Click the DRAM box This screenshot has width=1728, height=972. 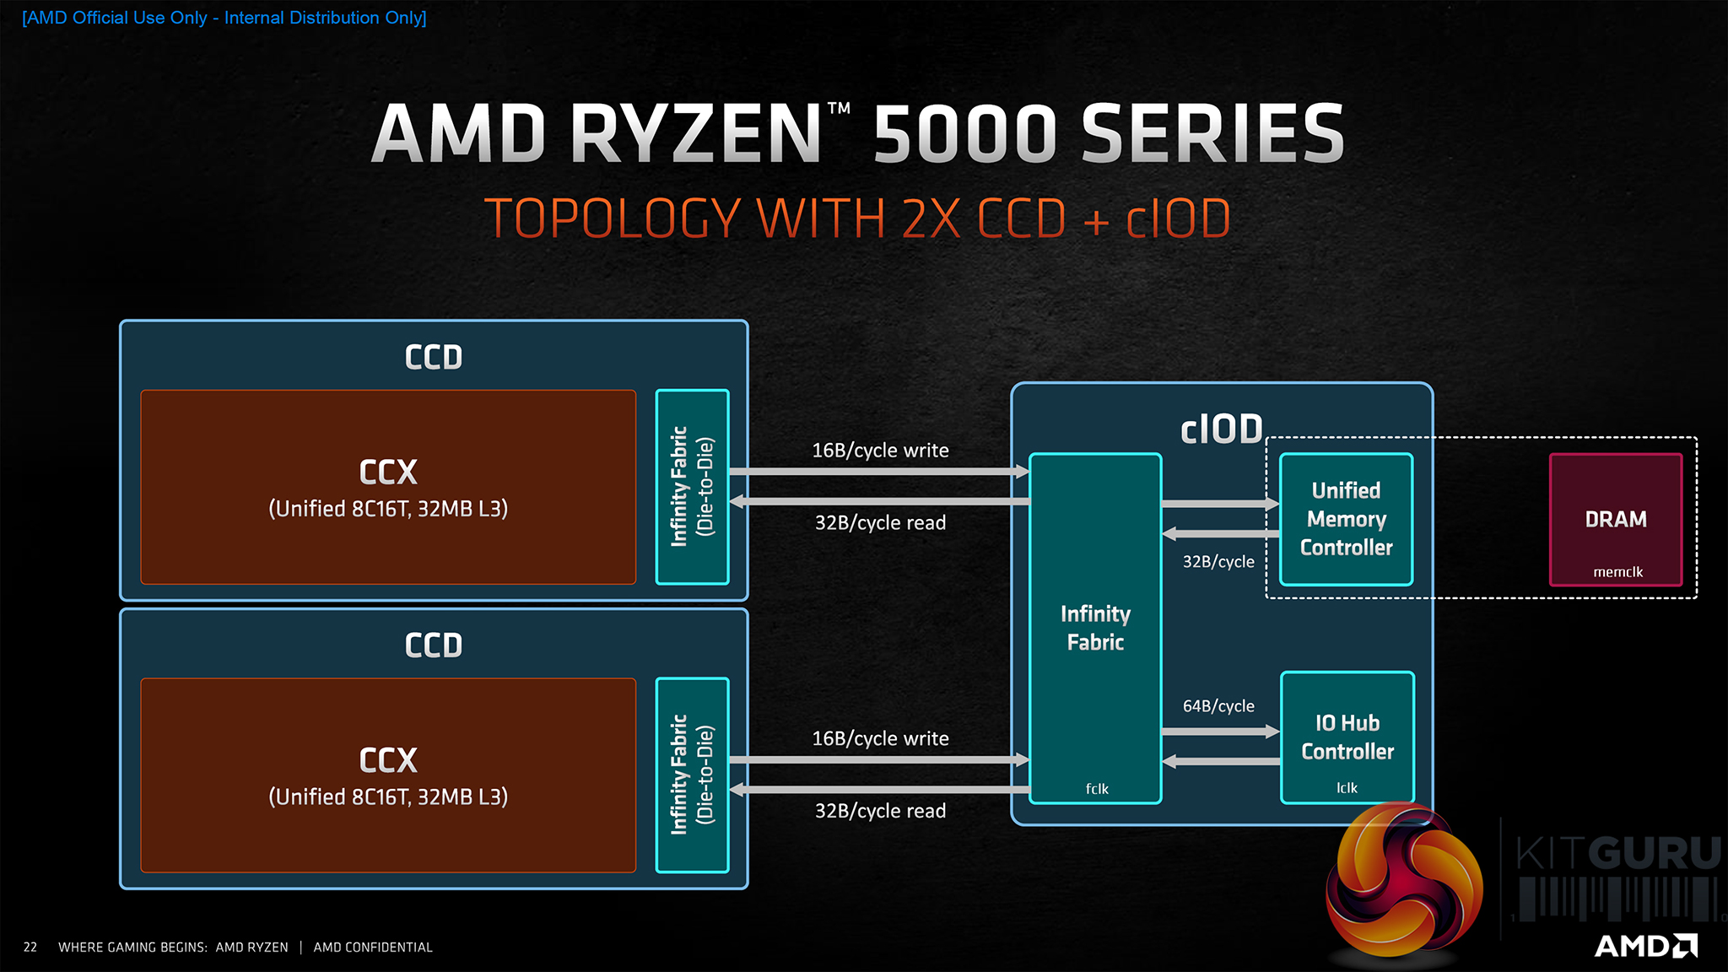tap(1616, 519)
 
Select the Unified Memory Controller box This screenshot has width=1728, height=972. tap(1346, 519)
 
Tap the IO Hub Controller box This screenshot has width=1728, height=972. tap(1347, 737)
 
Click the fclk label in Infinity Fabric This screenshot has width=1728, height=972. tap(1097, 789)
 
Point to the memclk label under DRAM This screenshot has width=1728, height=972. tap(1617, 572)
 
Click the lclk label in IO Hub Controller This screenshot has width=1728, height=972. tap(1347, 788)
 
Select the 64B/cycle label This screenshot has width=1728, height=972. tap(1218, 706)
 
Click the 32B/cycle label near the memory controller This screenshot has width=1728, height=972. tap(1218, 562)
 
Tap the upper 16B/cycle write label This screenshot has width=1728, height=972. tap(880, 451)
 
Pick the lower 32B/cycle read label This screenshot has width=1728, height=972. tap(880, 811)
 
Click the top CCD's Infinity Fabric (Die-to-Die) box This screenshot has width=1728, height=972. tap(692, 487)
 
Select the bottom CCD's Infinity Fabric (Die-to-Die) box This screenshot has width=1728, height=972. tap(692, 775)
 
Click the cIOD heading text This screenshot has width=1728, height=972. tap(1221, 429)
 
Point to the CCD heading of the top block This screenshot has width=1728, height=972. tap(434, 357)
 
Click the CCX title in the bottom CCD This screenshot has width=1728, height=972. tap(388, 760)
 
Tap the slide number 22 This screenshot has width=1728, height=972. tap(30, 948)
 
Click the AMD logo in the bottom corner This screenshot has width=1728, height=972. tap(1645, 946)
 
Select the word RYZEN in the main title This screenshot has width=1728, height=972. tap(696, 133)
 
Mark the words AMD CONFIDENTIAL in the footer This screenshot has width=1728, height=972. tap(373, 948)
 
